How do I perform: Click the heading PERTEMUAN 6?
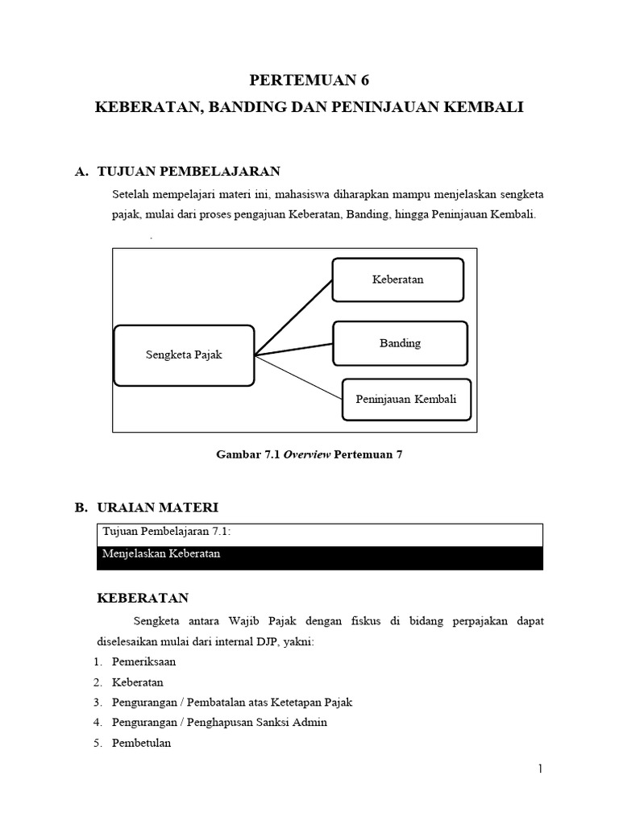click(309, 80)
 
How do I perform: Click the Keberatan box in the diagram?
click(397, 280)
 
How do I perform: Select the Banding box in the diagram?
click(400, 343)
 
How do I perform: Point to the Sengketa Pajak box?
click(184, 355)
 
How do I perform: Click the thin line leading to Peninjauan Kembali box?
click(298, 376)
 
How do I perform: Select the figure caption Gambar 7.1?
click(309, 454)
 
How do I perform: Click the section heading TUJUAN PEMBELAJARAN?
click(188, 172)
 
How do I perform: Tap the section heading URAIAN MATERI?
click(157, 508)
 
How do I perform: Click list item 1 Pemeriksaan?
click(143, 661)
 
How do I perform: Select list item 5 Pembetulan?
click(141, 743)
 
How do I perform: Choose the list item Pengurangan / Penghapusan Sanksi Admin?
click(219, 722)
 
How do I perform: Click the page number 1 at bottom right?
click(541, 769)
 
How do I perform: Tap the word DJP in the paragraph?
click(263, 641)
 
